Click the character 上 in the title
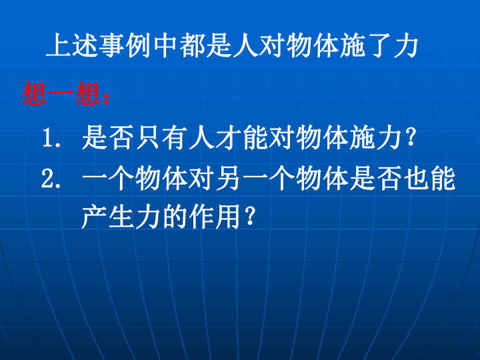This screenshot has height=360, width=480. click(59, 45)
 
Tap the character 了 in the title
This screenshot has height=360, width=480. click(379, 45)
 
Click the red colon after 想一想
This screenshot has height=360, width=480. click(107, 98)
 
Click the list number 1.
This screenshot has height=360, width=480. click(51, 138)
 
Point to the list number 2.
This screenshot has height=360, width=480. click(51, 179)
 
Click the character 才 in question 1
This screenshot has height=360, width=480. click(228, 137)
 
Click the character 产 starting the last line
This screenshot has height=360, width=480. click(94, 217)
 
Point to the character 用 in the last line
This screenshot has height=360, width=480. click(228, 217)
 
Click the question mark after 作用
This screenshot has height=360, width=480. click(250, 216)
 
